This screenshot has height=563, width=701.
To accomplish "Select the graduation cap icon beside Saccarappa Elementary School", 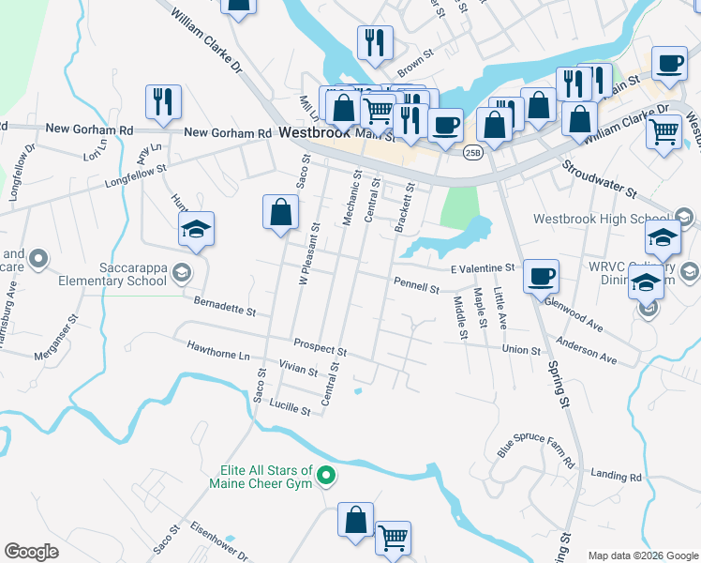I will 197,229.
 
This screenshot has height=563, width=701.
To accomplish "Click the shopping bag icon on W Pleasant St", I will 280,212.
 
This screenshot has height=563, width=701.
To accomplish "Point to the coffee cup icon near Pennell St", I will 541,276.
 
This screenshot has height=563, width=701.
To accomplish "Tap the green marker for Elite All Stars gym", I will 326,477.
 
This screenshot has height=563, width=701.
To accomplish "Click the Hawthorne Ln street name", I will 218,354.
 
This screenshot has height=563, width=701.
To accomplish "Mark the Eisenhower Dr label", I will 218,542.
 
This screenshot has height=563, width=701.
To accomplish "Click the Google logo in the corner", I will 31,551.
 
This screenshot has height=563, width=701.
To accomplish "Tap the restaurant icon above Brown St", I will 374,42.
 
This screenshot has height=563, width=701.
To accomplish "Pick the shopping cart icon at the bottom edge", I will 393,539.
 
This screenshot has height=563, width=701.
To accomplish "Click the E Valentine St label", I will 483,268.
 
